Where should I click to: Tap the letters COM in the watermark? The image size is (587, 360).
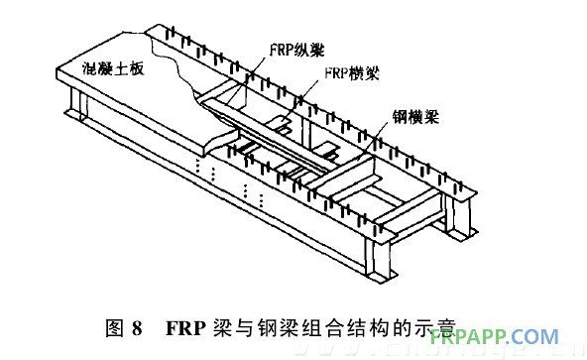coord(545,336)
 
